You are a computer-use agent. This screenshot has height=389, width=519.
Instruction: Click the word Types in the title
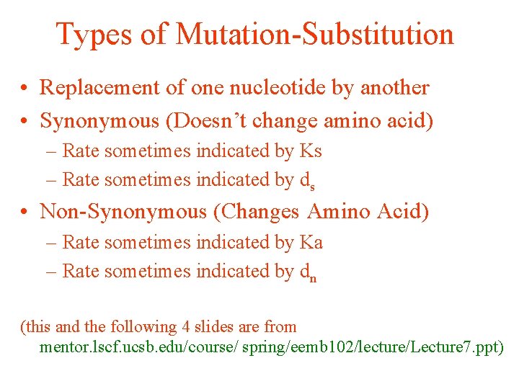point(92,34)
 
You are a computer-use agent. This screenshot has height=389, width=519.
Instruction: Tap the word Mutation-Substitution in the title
point(314,34)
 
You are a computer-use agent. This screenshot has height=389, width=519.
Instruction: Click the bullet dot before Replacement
point(25,89)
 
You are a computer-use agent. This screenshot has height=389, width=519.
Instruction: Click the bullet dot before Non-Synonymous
point(25,212)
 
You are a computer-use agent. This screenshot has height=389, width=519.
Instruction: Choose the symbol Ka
point(311,243)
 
